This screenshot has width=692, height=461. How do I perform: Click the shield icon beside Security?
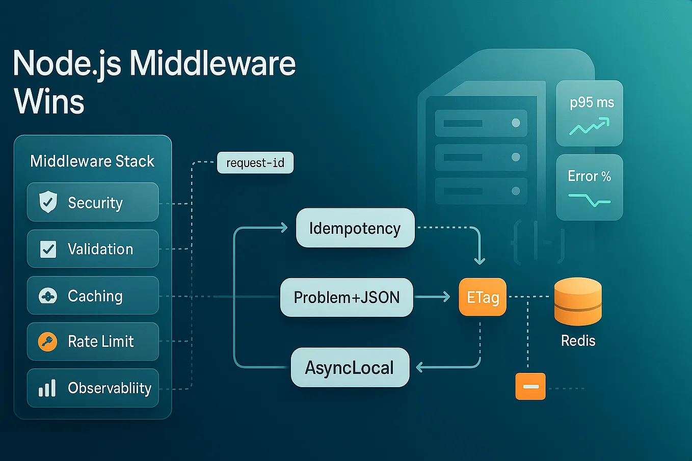point(48,202)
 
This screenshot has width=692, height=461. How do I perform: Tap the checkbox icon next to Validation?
point(48,249)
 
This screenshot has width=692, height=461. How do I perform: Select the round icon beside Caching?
point(47,296)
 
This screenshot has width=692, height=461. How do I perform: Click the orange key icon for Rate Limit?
point(47,342)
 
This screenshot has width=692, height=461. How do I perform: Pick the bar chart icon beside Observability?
point(47,388)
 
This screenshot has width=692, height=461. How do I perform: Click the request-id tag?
point(255,162)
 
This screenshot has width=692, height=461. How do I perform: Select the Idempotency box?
point(355,228)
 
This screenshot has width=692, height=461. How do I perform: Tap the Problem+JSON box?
point(347,297)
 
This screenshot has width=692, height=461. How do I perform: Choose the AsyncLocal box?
point(350,367)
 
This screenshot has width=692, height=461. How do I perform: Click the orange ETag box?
point(483,297)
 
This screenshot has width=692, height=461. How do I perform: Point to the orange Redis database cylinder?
point(578,302)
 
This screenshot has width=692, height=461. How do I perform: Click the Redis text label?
point(578,341)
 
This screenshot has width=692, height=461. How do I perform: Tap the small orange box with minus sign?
point(530,387)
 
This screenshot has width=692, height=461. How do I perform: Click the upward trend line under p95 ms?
point(589,126)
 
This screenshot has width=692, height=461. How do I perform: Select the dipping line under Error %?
point(590,200)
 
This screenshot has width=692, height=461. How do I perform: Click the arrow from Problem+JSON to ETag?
point(432,297)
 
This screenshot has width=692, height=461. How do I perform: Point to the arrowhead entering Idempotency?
point(284,228)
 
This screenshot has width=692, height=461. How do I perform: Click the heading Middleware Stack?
point(92,161)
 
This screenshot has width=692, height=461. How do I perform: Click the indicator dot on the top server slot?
point(516,123)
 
